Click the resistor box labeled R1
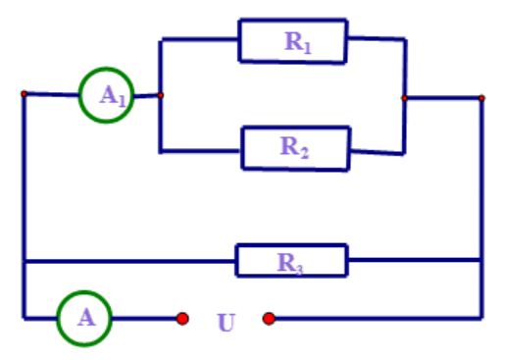(x=293, y=42)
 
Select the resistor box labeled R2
(x=295, y=148)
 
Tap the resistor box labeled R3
(x=290, y=261)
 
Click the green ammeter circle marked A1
(x=104, y=95)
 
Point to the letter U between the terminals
(x=226, y=321)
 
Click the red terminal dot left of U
(x=182, y=318)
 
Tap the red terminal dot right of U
(x=269, y=318)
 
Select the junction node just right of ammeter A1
(x=161, y=95)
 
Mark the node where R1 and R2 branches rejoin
(x=404, y=97)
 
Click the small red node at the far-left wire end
(x=24, y=94)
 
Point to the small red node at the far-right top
(x=481, y=97)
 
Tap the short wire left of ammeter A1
(x=51, y=95)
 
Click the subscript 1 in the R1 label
(x=308, y=46)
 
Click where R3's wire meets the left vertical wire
(x=24, y=261)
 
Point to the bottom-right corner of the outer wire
(x=481, y=318)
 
